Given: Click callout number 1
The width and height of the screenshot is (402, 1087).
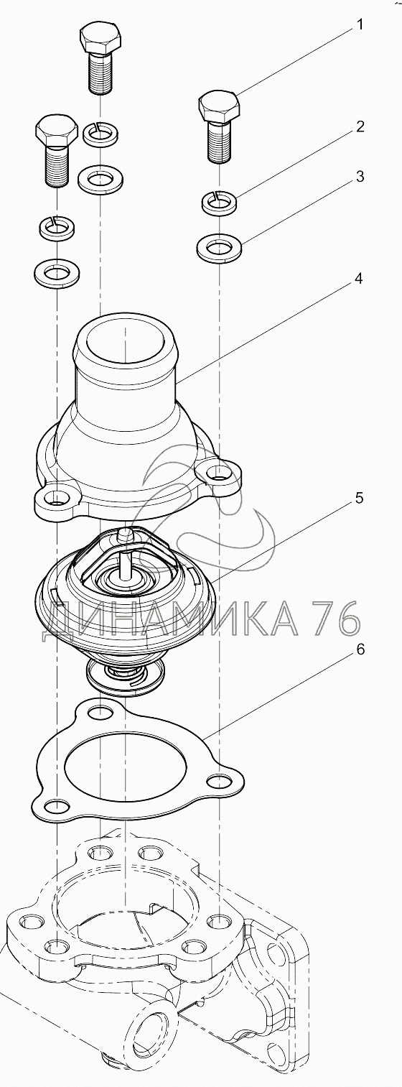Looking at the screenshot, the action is point(360,24).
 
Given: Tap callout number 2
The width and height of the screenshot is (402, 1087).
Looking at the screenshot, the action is point(360,127).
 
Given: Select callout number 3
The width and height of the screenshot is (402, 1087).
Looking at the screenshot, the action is point(360,177).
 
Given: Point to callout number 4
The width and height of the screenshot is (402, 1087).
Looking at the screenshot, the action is point(359,279).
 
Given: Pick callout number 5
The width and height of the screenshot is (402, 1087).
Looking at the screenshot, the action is point(359,498).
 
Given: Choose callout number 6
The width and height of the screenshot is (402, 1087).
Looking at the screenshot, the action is point(360,649).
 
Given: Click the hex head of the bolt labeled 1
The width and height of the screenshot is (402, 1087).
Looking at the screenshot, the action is point(220,106).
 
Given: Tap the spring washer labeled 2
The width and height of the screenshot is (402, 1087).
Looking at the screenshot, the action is point(219,201).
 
